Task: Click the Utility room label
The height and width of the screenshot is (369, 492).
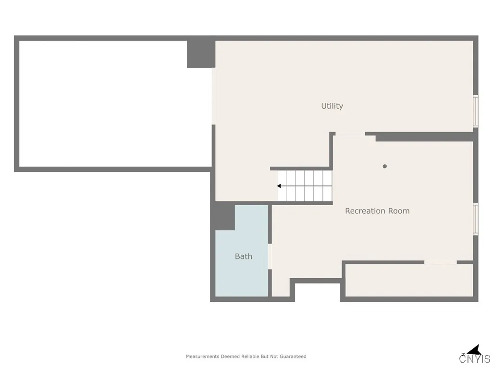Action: pyautogui.click(x=332, y=106)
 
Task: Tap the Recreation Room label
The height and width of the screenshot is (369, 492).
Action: pyautogui.click(x=377, y=211)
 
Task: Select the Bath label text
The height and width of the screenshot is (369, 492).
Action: pyautogui.click(x=244, y=257)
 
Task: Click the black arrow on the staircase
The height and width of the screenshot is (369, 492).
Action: pyautogui.click(x=279, y=186)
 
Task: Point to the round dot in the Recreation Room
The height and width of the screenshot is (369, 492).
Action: pyautogui.click(x=384, y=166)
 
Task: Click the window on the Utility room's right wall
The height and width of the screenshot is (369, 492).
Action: pyautogui.click(x=476, y=111)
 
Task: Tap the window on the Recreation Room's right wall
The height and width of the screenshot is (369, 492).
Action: pyautogui.click(x=476, y=219)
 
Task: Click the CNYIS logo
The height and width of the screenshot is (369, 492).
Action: pyautogui.click(x=475, y=355)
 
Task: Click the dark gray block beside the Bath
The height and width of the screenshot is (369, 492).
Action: pyautogui.click(x=224, y=216)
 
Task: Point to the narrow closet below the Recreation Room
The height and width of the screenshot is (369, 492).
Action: pyautogui.click(x=408, y=281)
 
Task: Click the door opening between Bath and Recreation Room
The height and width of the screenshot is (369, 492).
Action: pyautogui.click(x=270, y=257)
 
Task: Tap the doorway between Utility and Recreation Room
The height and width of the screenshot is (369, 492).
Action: pyautogui.click(x=350, y=134)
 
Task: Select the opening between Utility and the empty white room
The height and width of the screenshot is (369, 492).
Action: pyautogui.click(x=213, y=96)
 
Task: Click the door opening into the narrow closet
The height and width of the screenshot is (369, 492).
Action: pyautogui.click(x=440, y=262)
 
